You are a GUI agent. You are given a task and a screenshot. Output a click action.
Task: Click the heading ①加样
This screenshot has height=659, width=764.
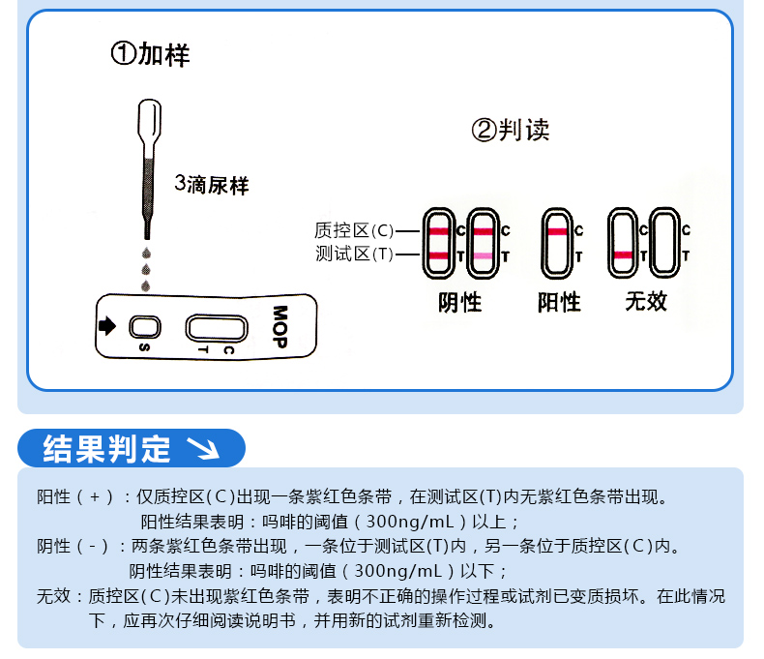pyautogui.click(x=150, y=54)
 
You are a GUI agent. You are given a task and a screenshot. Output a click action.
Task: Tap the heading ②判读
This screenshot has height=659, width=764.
pyautogui.click(x=511, y=130)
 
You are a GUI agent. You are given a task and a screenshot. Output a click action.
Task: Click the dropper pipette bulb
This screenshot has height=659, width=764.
pyautogui.click(x=149, y=122)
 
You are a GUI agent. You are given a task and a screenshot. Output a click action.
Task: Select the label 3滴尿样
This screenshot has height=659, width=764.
pyautogui.click(x=212, y=185)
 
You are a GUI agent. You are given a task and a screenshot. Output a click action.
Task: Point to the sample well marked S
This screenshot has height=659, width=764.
pyautogui.click(x=145, y=327)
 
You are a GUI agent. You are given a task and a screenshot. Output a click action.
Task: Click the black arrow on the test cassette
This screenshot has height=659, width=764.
pyautogui.click(x=107, y=325)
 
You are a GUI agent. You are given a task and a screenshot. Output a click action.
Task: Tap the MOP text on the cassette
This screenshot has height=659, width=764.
pyautogui.click(x=279, y=326)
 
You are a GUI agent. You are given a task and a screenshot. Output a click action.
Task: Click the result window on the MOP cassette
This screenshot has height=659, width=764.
pyautogui.click(x=217, y=328)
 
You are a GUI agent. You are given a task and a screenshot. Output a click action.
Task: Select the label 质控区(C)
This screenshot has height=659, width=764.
pyautogui.click(x=354, y=230)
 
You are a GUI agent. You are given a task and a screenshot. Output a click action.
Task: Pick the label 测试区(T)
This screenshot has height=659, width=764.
pyautogui.click(x=354, y=254)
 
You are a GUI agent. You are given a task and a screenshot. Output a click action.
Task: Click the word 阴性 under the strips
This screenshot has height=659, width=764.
pyautogui.click(x=460, y=303)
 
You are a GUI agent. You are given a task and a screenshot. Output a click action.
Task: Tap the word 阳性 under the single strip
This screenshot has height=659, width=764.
pyautogui.click(x=559, y=302)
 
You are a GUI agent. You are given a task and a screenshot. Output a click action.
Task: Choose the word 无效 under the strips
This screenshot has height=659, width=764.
pyautogui.click(x=646, y=301)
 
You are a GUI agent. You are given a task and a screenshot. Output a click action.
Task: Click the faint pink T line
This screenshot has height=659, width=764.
pyautogui.click(x=484, y=255)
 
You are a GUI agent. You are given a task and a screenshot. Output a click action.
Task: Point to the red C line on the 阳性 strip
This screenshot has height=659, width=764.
pyautogui.click(x=557, y=231)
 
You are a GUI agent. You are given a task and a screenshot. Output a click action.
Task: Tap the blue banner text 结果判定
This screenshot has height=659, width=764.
pyautogui.click(x=106, y=448)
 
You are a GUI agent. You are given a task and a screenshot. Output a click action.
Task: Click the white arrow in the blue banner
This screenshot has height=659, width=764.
pyautogui.click(x=204, y=448)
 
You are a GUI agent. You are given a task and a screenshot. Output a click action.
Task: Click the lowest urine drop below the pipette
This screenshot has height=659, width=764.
pyautogui.click(x=146, y=285)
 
